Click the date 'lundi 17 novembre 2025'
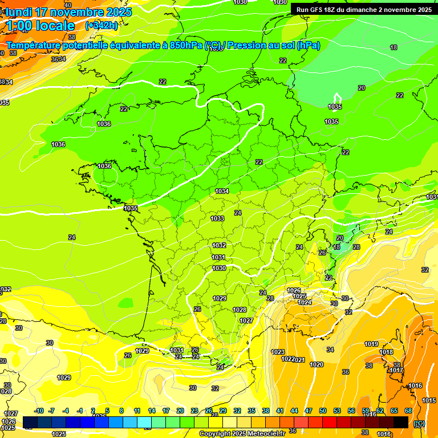[x=68, y=12]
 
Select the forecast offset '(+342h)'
[x=101, y=26]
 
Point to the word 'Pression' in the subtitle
[x=249, y=46]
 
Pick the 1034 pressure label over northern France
[x=222, y=191]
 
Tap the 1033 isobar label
[x=217, y=218]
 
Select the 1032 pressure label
[x=219, y=245]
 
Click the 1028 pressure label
[x=240, y=310]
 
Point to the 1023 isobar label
[x=278, y=352]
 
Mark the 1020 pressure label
[x=316, y=364]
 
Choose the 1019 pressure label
[x=371, y=344]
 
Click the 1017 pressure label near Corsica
[x=396, y=371]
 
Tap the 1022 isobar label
[x=287, y=359]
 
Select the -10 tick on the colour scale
[x=39, y=411]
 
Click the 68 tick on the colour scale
[x=408, y=411]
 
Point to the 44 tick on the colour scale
[x=294, y=411]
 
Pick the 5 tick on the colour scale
[x=107, y=411]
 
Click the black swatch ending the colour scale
[x=401, y=422]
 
